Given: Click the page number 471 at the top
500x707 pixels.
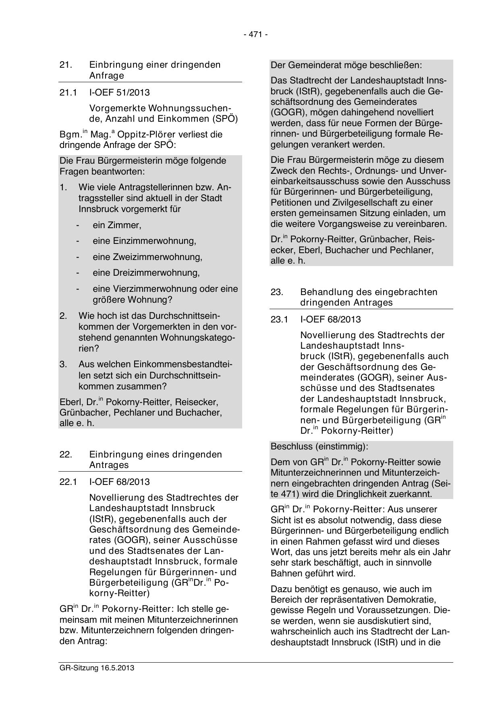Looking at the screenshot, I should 255,35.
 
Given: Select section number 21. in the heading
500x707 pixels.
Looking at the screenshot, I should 66,65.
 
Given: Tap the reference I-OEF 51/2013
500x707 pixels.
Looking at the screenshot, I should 119,93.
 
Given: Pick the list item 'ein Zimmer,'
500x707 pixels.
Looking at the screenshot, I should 117,225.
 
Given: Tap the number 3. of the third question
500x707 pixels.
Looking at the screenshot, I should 63,364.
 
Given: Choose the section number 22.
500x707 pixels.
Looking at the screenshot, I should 66,455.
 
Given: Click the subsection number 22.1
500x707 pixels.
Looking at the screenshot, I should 68,482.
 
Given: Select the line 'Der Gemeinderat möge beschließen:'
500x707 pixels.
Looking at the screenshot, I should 346,65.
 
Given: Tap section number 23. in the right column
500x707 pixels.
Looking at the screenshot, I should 277,292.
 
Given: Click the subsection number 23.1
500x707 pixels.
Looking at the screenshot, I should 279,320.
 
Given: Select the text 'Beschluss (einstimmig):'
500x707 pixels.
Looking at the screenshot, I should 319,447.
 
